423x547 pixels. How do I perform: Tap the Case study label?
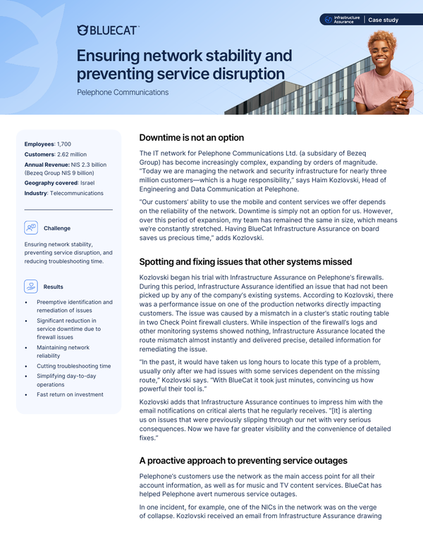[384, 20]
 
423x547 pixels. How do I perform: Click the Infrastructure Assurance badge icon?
[328, 20]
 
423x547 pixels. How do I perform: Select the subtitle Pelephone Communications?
[123, 92]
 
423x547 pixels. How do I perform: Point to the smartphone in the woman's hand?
[405, 94]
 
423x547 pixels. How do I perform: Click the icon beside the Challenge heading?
[30, 228]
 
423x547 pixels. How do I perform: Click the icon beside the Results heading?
[30, 287]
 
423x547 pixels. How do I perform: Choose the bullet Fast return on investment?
[70, 394]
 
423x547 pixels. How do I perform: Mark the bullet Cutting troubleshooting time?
[73, 366]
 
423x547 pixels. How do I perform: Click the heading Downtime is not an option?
[192, 137]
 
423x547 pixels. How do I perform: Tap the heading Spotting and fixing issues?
[245, 262]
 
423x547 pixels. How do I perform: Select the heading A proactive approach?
[243, 460]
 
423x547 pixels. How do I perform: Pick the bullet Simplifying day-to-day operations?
[70, 380]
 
